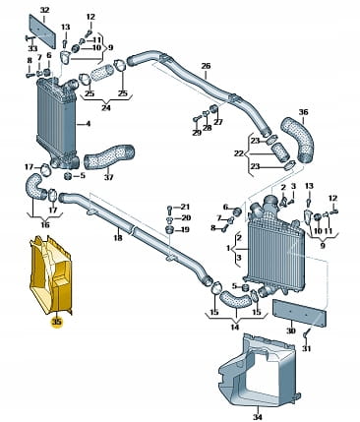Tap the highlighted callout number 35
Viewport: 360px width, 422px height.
pos(57,322)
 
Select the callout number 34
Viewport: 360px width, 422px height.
pos(258,417)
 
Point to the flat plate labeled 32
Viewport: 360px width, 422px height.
pos(43,31)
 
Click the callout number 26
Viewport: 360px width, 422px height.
pos(206,66)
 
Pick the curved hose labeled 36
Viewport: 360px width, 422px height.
pos(298,140)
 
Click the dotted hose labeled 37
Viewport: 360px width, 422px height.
pos(109,156)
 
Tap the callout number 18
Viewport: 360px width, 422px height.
pos(118,237)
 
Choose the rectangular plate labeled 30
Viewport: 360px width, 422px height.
pos(300,313)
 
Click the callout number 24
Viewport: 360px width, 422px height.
pos(106,107)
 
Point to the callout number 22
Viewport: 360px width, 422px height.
pos(239,153)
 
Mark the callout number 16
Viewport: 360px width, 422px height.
pos(45,225)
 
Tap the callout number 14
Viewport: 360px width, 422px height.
pos(235,327)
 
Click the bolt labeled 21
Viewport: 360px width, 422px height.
pos(169,208)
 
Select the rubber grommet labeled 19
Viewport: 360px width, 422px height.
pos(169,229)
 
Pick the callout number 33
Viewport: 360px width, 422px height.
pos(32,48)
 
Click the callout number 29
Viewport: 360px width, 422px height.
pos(197,133)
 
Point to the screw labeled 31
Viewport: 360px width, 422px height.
pos(306,334)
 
